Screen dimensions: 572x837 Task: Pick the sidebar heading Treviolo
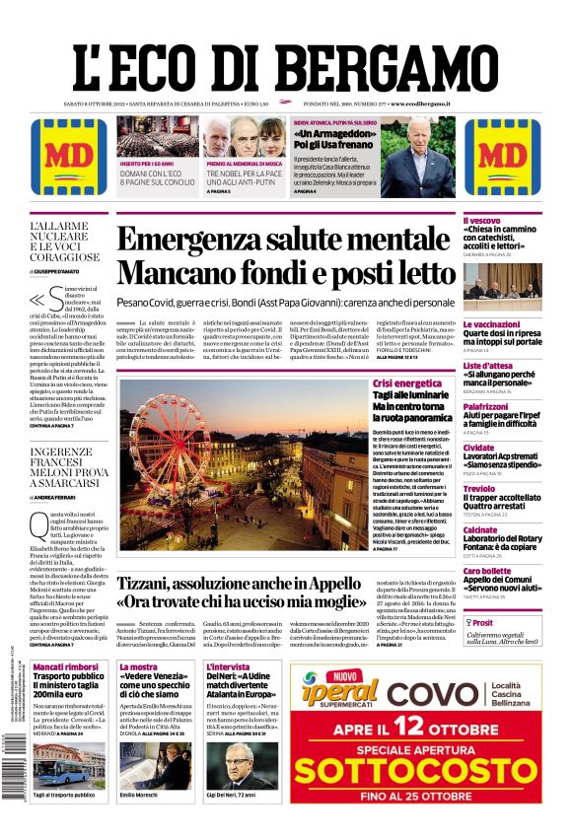[x=479, y=488]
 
